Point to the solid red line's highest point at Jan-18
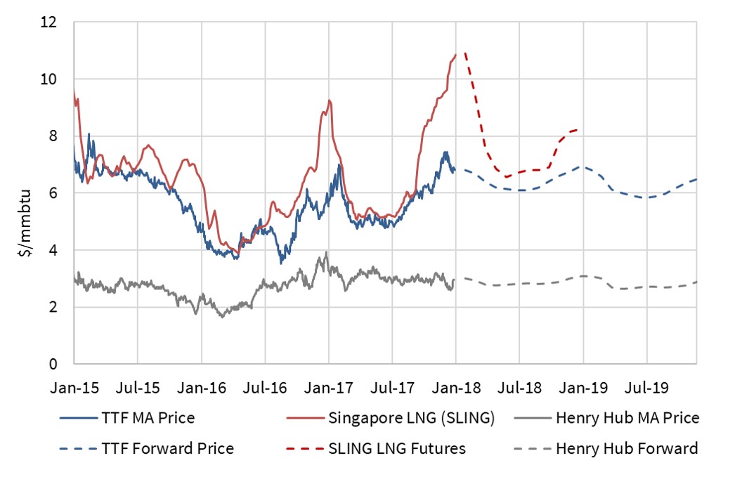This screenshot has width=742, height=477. click(455, 55)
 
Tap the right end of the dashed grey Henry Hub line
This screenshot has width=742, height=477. click(696, 282)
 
